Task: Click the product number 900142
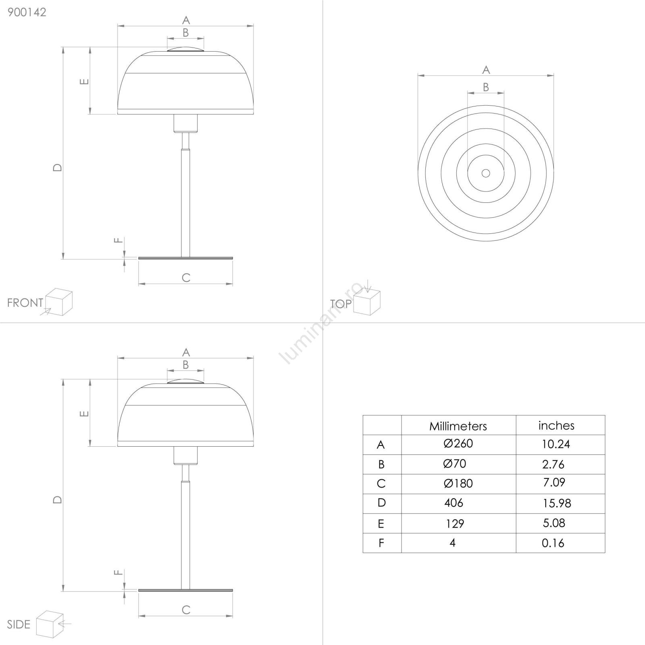27,12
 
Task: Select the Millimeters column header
458,426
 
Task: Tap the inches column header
556,426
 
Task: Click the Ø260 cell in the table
458,444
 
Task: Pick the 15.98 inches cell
556,503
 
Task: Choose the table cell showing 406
454,503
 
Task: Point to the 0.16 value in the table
553,543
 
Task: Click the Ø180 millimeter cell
458,483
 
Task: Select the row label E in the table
381,524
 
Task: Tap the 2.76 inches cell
553,464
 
